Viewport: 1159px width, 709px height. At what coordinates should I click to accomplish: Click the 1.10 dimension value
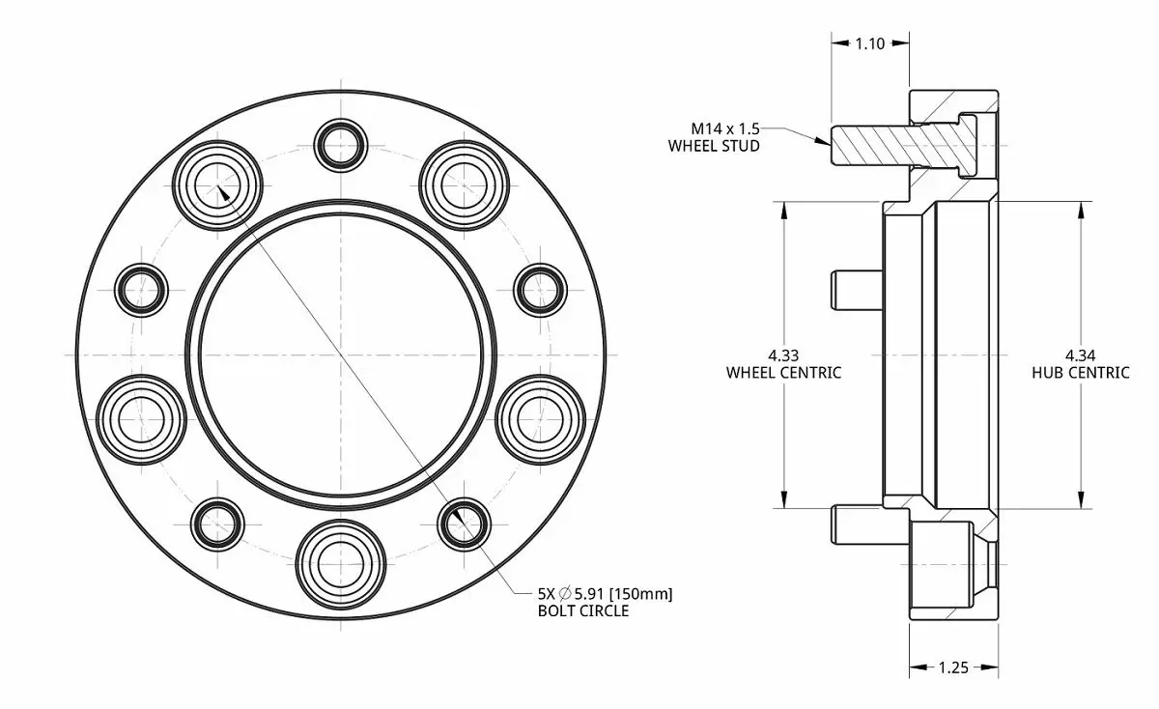click(870, 44)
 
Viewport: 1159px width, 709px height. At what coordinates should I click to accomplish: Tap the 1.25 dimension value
click(953, 667)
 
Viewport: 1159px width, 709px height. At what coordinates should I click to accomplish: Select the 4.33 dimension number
click(783, 355)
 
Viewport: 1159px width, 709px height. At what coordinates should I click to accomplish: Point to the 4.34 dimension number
click(1081, 355)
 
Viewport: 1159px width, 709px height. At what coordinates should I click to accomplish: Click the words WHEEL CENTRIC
click(783, 373)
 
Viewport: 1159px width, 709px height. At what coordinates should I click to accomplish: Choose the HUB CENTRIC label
click(1081, 373)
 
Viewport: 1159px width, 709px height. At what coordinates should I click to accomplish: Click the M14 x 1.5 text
click(725, 128)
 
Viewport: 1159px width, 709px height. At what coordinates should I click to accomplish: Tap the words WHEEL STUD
click(714, 146)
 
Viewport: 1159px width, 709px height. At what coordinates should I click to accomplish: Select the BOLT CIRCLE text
click(583, 610)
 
